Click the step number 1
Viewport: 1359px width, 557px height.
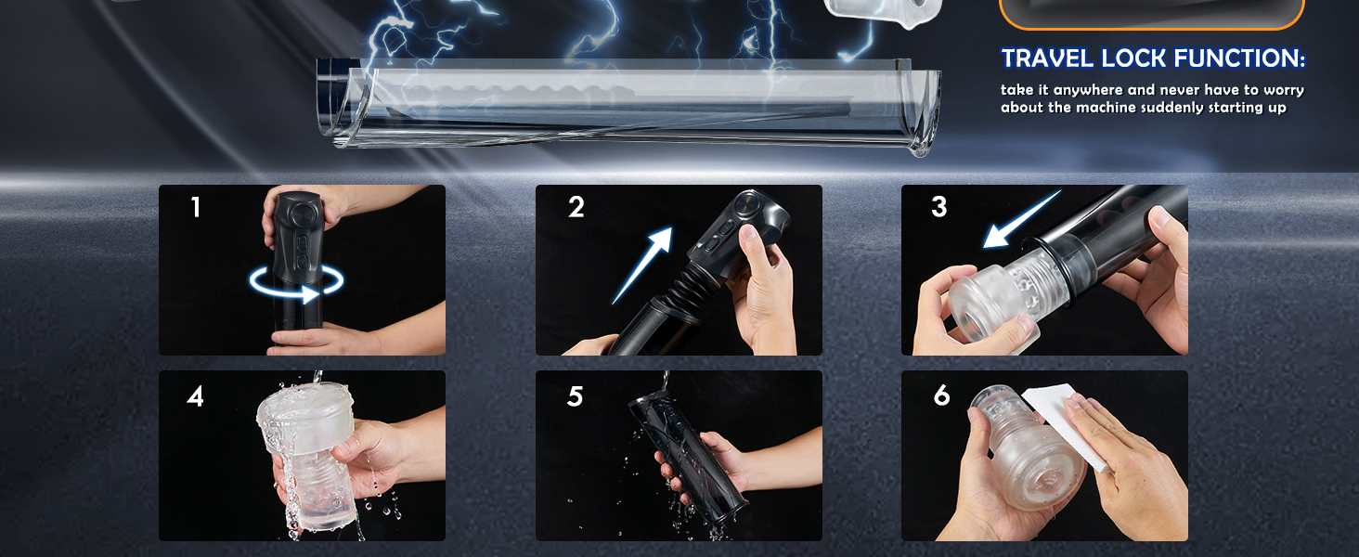click(195, 208)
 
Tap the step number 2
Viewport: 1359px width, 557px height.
click(576, 208)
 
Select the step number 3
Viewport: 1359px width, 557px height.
click(939, 208)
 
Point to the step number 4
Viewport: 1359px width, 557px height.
click(195, 396)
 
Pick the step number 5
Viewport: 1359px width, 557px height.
click(576, 396)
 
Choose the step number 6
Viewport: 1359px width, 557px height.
click(941, 395)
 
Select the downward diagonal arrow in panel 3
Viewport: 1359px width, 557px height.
click(1022, 219)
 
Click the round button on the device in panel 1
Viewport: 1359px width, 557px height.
click(301, 214)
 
